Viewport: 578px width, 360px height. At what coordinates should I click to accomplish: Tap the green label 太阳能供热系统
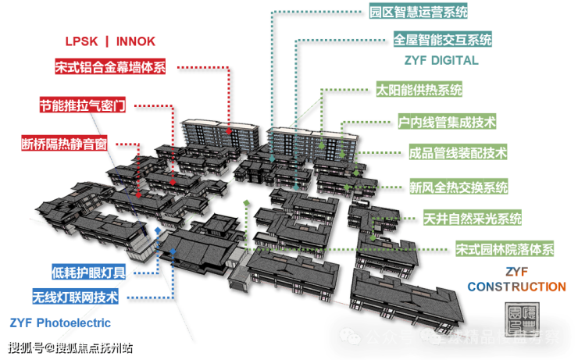pyautogui.click(x=419, y=89)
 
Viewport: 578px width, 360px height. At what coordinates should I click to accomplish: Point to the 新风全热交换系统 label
pyautogui.click(x=458, y=187)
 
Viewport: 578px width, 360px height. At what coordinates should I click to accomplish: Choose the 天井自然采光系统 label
pyautogui.click(x=472, y=219)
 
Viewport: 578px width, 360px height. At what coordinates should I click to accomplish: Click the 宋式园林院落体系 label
pyautogui.click(x=505, y=250)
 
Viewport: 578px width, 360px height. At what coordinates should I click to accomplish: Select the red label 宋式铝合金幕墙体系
pyautogui.click(x=110, y=67)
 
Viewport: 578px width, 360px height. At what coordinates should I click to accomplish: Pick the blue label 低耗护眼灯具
pyautogui.click(x=89, y=273)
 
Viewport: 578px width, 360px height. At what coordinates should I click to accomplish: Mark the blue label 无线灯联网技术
pyautogui.click(x=75, y=297)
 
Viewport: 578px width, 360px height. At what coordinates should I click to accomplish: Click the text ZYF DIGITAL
pyautogui.click(x=437, y=59)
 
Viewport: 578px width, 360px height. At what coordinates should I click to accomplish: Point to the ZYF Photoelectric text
pyautogui.click(x=60, y=322)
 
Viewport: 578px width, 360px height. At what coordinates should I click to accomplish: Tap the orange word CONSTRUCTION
pyautogui.click(x=516, y=287)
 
